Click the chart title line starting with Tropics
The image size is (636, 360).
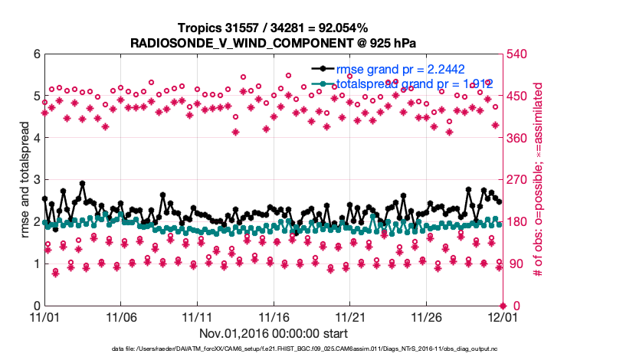coord(274,28)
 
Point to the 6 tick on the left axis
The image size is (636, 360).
coord(36,54)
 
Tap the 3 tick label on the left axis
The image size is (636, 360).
coord(36,180)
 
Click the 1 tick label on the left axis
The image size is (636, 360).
coord(36,263)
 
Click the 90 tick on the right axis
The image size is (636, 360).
coord(514,263)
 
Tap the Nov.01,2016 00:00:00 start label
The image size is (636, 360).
coord(274,333)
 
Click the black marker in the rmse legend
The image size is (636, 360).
coord(326,68)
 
